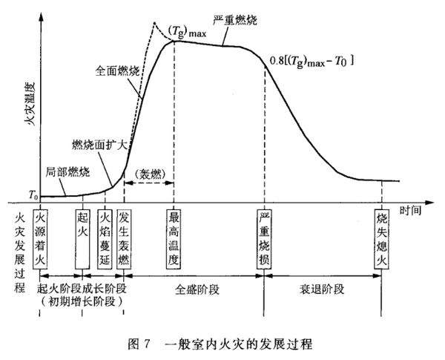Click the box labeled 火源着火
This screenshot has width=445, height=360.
point(40,239)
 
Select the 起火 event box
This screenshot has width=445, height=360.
point(82,239)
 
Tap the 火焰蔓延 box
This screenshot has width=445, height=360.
point(105,239)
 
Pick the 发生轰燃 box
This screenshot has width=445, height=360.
point(124,239)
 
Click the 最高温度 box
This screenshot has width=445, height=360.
point(174,239)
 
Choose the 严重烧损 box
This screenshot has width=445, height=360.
point(264,239)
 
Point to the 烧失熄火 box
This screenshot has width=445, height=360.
point(382,239)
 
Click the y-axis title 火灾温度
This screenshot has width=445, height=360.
point(29,104)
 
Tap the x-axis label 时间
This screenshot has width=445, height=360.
point(410,211)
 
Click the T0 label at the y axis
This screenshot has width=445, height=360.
point(33,195)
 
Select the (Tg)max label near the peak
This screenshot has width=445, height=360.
point(187,31)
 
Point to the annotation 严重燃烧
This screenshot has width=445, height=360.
point(235,21)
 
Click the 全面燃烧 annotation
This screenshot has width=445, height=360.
point(117,71)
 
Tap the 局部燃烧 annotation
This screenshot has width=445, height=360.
point(67,172)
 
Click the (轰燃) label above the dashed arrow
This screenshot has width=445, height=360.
point(150,174)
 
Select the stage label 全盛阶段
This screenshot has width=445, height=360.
point(197,289)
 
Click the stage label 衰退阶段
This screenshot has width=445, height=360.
point(322,289)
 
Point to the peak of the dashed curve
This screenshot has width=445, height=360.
point(154,22)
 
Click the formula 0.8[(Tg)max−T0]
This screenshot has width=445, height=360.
point(311,62)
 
